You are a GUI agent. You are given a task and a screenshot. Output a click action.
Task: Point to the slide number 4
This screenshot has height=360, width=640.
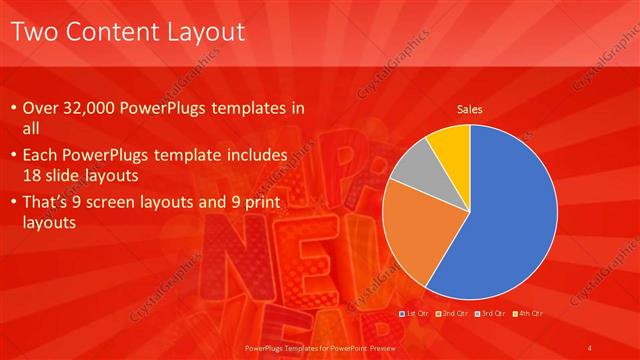591,346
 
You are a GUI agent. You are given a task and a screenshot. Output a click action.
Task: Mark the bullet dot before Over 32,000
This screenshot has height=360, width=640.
12,108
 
